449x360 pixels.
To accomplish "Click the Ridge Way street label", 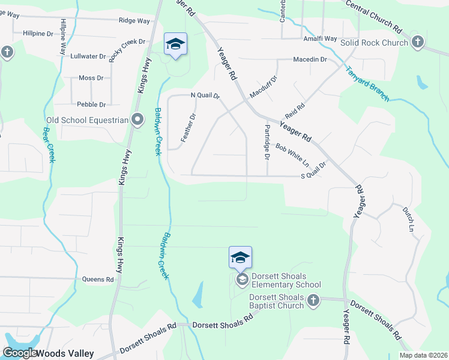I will pos(134,20).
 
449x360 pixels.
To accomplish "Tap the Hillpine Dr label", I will pos(38,34).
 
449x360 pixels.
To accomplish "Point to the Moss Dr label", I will pos(91,78).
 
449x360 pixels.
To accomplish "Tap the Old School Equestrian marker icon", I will pos(137,120).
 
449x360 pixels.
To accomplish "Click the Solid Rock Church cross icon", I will pos(418,43).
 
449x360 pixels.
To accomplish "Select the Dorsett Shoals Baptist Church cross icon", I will pos(313,301).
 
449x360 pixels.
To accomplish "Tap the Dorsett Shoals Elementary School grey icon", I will pos(242,280).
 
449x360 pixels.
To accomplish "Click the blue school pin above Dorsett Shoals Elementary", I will pos(240,257).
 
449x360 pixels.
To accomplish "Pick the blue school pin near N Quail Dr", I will pos(175,44).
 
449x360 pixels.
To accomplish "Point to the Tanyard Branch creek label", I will pos(367,83).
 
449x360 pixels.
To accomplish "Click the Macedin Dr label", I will pos(310,59).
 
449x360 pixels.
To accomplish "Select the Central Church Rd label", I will pos(373,16).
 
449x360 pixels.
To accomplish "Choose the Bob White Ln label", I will pos(292,154).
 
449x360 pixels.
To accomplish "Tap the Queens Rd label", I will pos(97,279).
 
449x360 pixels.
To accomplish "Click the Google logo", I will pos(20,353).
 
